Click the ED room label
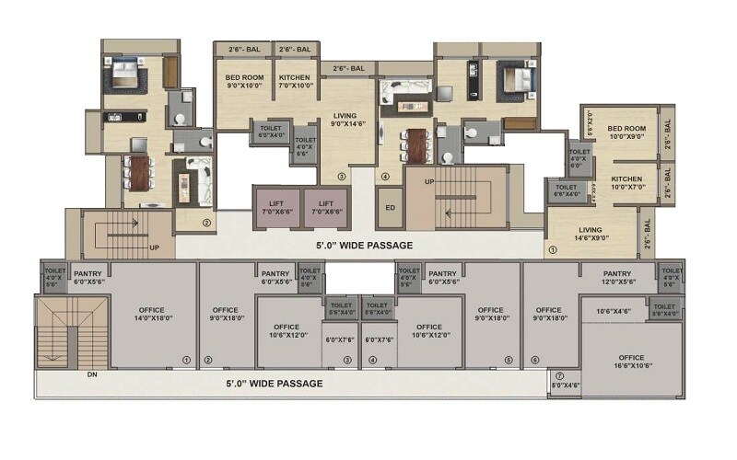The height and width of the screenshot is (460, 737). click(390, 208)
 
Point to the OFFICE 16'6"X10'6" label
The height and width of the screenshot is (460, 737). click(631, 362)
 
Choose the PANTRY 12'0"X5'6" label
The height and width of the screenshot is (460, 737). click(616, 278)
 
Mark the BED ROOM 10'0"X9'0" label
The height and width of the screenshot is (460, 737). click(626, 133)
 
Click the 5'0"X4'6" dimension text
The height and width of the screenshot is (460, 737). click(565, 385)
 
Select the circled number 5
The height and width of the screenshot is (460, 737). click(508, 360)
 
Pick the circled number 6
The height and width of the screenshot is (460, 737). click(533, 360)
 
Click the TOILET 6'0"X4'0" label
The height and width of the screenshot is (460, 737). click(271, 132)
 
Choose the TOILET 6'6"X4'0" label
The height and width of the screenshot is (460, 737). click(567, 190)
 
